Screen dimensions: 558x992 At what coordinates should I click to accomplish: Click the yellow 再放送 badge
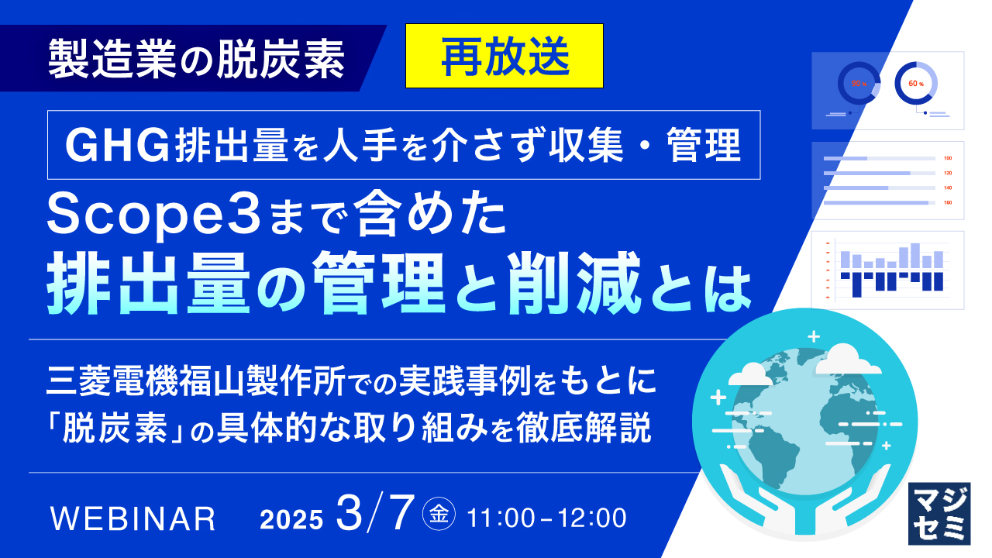click(x=505, y=56)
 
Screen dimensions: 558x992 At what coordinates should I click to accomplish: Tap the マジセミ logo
click(x=939, y=512)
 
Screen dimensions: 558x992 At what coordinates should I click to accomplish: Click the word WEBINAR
click(x=132, y=518)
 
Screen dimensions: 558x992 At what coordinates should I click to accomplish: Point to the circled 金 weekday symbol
click(x=439, y=515)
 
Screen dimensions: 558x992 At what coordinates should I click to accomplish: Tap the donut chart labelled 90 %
click(x=859, y=83)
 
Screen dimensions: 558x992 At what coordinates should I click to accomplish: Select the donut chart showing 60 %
click(x=916, y=83)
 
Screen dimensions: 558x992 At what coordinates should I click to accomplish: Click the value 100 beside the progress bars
click(x=947, y=158)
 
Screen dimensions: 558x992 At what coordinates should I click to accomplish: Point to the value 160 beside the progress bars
click(x=947, y=203)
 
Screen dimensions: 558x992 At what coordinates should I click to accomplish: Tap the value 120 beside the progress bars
click(x=947, y=173)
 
